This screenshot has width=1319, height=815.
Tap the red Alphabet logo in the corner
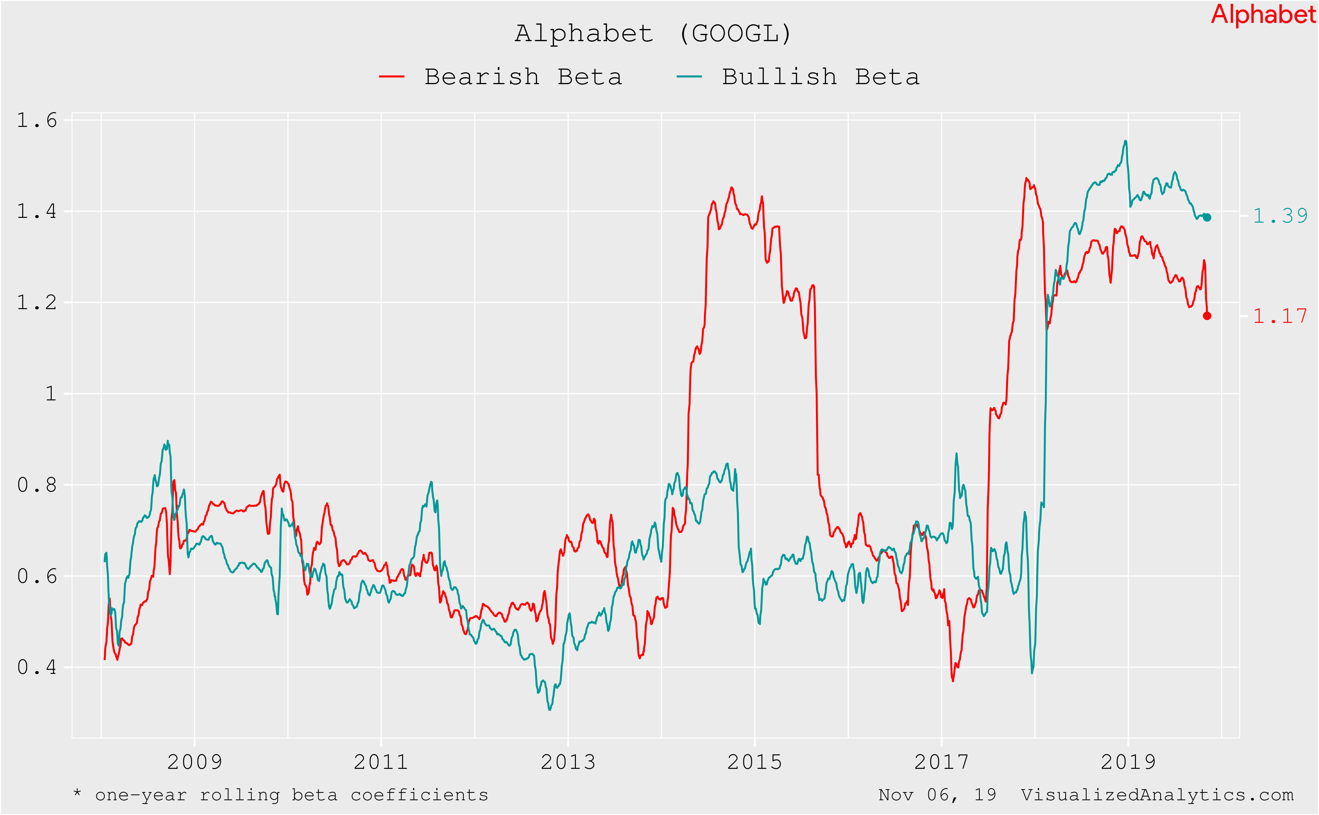tap(1263, 15)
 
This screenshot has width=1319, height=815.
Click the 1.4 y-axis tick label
tap(37, 211)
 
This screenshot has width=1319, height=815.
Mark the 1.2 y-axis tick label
tap(37, 302)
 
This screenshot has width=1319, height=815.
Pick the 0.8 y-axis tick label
tap(37, 485)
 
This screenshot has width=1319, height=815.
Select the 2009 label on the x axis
tap(195, 762)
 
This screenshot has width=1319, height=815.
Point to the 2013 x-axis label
tap(568, 762)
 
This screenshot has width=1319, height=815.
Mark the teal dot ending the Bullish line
tap(1207, 217)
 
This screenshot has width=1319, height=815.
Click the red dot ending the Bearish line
tap(1207, 316)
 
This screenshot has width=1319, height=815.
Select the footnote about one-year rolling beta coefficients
tap(280, 795)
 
